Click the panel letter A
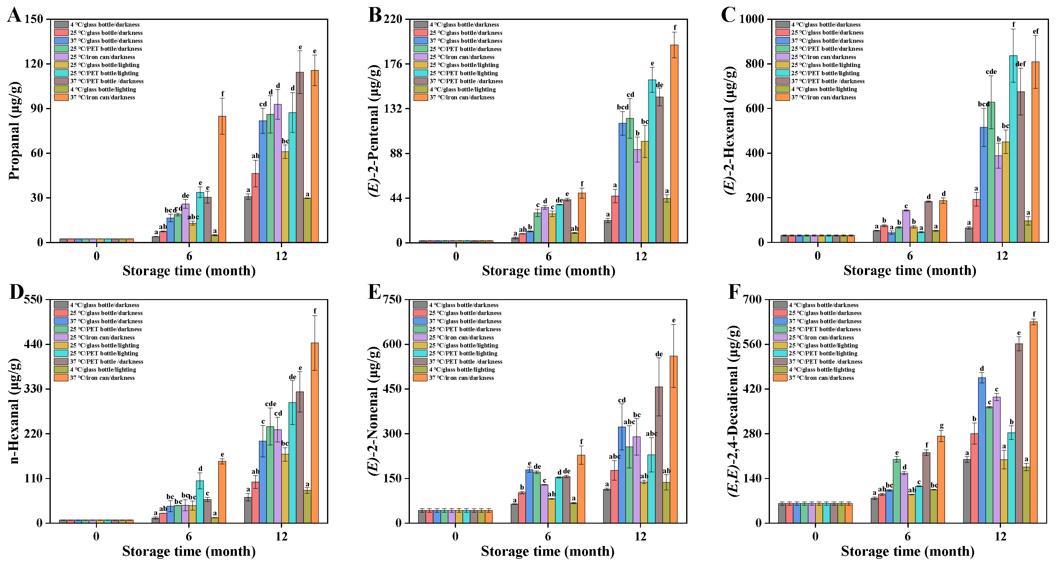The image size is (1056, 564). point(14,16)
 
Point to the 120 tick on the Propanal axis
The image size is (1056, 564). point(34,64)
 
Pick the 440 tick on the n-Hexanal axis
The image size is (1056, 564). point(34,344)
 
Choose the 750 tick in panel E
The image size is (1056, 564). point(392,299)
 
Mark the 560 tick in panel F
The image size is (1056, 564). point(752,344)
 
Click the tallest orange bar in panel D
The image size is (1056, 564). point(315,433)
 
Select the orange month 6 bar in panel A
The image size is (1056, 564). point(222,179)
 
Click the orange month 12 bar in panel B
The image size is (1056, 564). point(674,143)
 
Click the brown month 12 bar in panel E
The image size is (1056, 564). point(659,455)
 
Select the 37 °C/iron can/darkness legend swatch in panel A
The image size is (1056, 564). point(61,97)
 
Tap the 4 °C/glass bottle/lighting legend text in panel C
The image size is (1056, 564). point(824,89)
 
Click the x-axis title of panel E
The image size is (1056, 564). point(548,551)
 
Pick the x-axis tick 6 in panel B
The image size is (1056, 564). point(549,256)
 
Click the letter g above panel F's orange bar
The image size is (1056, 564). point(942,426)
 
